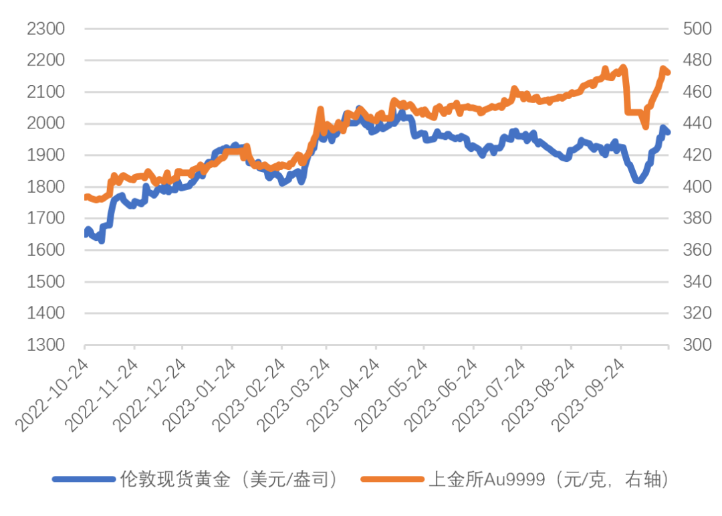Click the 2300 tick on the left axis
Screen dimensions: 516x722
pos(45,29)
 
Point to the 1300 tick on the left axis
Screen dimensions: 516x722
pos(45,345)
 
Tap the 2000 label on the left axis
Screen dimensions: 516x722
pos(45,124)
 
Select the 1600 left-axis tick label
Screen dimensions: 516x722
pos(45,250)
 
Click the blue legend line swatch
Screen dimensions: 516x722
pos(84,479)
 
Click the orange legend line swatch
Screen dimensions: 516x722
pos(392,479)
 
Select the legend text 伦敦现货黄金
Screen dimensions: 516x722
pos(175,479)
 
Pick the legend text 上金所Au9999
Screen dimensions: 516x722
pos(476,479)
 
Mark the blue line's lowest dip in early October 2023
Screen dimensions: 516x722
pos(638,181)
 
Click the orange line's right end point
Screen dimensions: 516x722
pos(668,72)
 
